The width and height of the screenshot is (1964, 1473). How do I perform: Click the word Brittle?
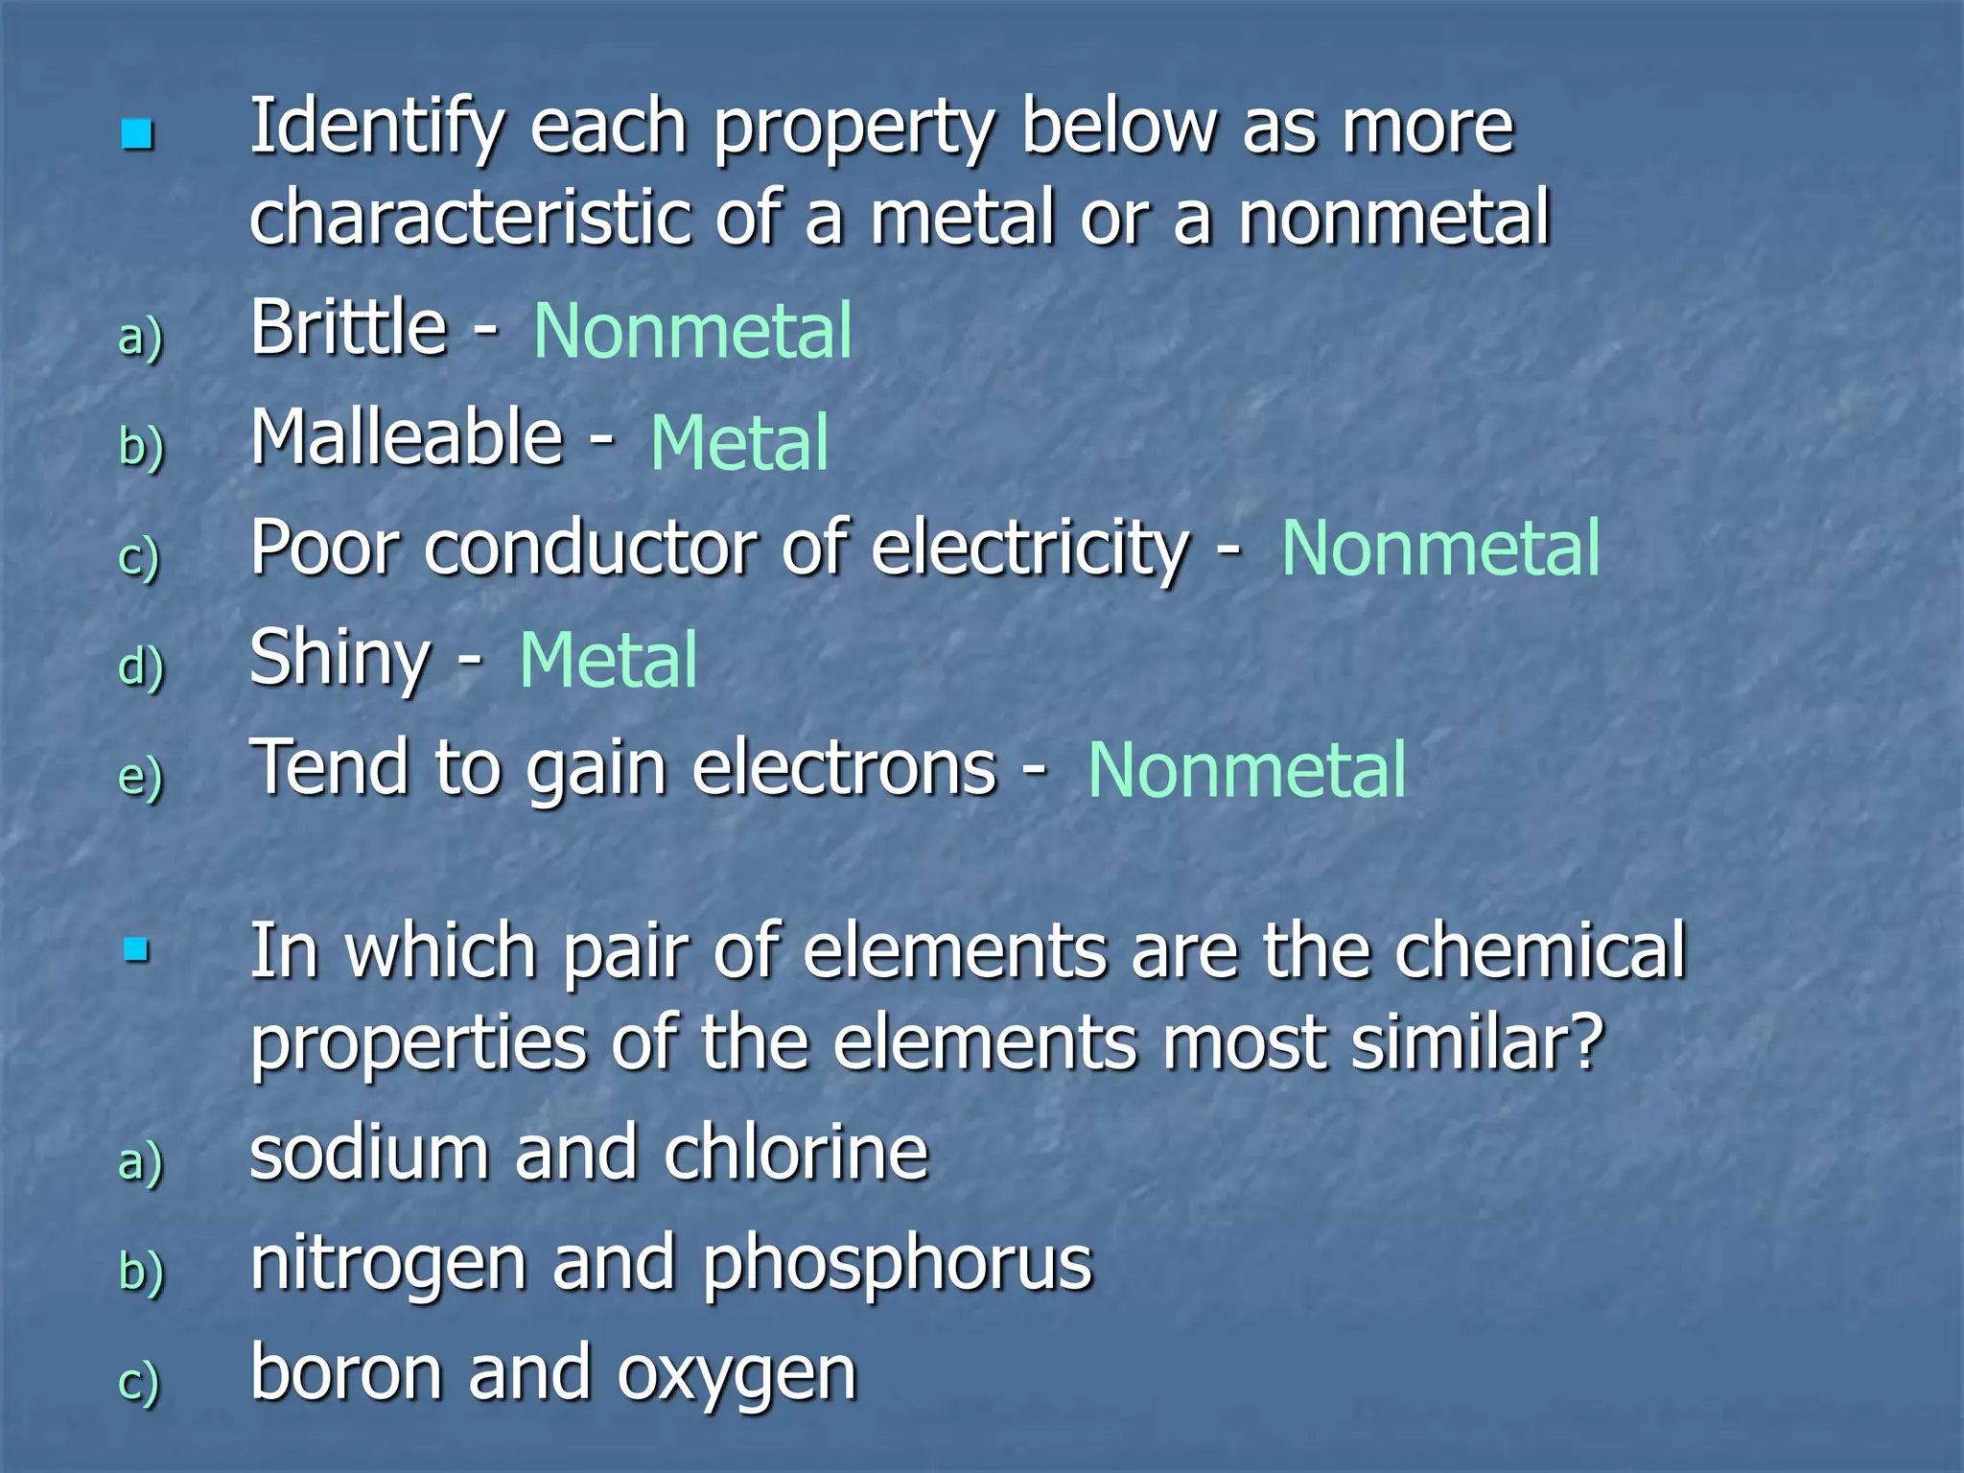348,328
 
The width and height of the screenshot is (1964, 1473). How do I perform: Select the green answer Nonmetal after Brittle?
691,331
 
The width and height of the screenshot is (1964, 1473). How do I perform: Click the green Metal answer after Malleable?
738,443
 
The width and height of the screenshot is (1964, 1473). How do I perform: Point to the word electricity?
1031,549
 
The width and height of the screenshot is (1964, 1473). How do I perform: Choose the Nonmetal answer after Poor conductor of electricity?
1439,549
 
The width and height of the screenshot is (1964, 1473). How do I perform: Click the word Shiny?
339,660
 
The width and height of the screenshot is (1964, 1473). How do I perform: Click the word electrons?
844,769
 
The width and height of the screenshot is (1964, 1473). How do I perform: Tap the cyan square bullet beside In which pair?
137,950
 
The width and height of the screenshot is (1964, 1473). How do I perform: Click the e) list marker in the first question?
140,777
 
